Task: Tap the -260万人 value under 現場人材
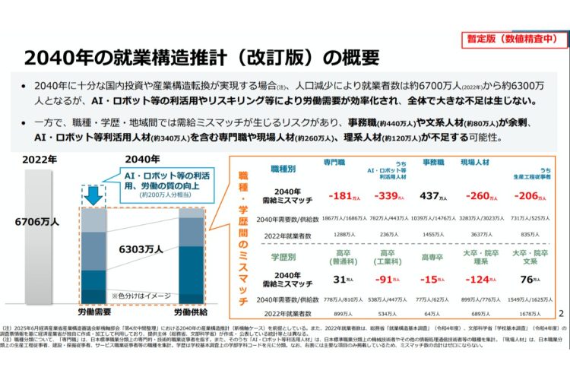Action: tap(482, 195)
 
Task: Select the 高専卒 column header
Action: tap(433, 256)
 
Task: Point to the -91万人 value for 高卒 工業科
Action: tap(385, 278)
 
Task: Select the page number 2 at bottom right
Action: tap(560, 312)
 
